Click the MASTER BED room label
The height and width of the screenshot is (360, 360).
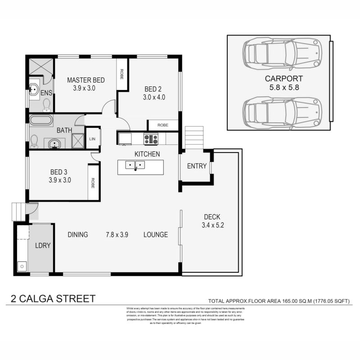[x=86, y=80]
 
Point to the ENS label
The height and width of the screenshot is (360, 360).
[x=46, y=93]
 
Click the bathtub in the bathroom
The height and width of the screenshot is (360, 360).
[x=41, y=120]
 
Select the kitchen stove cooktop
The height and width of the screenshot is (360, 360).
[x=151, y=139]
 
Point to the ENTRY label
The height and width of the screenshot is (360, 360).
[x=197, y=166]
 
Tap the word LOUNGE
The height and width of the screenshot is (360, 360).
[x=156, y=234]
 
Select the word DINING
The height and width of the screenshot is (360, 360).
[x=78, y=234]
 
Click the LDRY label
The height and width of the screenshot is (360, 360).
[x=43, y=246]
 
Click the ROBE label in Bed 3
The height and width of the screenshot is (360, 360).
[x=93, y=183]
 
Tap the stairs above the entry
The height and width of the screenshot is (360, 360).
[x=194, y=137]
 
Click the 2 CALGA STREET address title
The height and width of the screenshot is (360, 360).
[x=53, y=298]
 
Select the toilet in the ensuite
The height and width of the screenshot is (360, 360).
[x=46, y=105]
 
